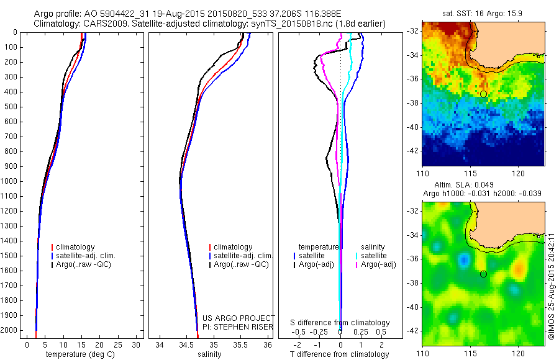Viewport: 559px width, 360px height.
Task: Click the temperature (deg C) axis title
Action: coord(81,354)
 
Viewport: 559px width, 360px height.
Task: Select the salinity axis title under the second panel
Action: coord(209,354)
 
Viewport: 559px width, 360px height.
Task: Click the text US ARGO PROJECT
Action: coord(239,318)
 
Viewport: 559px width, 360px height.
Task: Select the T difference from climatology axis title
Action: coord(340,354)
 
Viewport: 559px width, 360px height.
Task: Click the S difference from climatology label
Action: coord(340,323)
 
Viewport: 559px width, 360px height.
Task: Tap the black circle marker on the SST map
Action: coord(483,94)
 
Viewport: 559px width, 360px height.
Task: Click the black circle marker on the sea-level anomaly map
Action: coord(483,274)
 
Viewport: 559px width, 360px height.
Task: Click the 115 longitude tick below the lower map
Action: coord(470,353)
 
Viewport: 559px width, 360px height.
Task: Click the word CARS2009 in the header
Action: coord(99,24)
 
